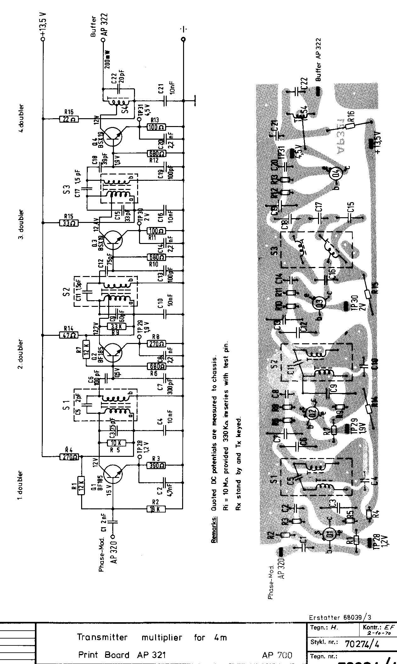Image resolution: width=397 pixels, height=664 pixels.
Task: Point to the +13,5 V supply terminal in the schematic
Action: [43, 39]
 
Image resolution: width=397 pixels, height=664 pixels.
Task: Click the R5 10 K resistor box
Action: [116, 443]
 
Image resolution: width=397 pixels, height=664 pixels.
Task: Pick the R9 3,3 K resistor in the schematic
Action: [116, 326]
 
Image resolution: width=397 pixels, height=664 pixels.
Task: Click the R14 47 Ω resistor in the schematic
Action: [69, 335]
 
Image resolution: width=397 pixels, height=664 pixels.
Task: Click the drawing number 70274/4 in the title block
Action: [362, 642]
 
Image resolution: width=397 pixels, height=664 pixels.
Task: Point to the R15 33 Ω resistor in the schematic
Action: [69, 223]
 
